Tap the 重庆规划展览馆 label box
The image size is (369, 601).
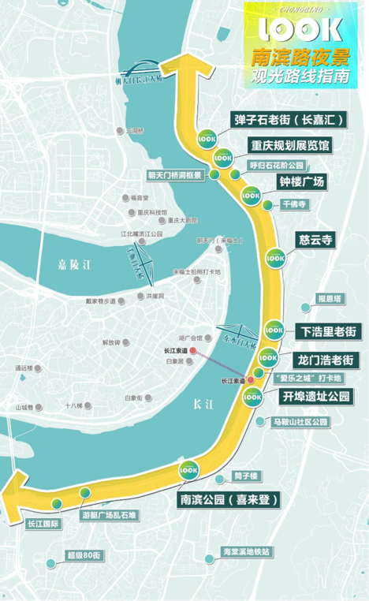tap(291, 146)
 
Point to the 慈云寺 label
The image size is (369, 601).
tap(308, 239)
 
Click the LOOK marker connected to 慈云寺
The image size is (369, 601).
tap(274, 256)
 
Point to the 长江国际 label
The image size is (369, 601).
tap(43, 522)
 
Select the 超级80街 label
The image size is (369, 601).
tap(86, 555)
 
